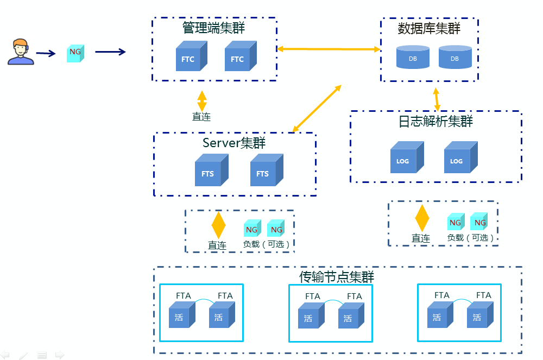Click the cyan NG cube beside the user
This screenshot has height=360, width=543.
point(75,52)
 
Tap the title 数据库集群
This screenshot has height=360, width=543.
point(429,28)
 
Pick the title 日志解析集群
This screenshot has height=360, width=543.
point(435,122)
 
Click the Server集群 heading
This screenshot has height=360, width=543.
point(234,143)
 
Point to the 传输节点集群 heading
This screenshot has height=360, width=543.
point(337,277)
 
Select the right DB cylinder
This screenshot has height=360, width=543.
point(454,57)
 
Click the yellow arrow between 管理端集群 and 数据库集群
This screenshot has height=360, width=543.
point(329,49)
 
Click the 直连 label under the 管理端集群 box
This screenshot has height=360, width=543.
point(201,117)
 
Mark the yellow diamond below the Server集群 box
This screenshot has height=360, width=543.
point(218,225)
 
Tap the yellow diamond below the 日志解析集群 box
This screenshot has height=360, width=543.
point(422,218)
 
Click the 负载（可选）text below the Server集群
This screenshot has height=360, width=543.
point(266,244)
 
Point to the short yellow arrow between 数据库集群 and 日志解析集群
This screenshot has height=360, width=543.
point(436,100)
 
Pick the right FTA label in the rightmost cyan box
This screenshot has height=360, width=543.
point(483,295)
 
